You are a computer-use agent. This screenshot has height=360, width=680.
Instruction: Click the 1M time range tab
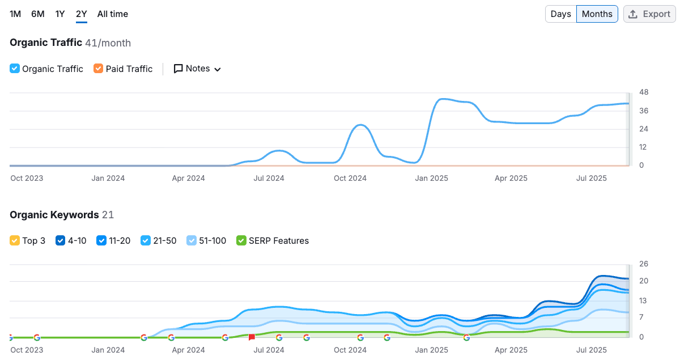[15, 14]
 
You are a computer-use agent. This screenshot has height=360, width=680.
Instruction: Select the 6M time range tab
[38, 14]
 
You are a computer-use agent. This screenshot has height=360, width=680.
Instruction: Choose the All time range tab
[113, 14]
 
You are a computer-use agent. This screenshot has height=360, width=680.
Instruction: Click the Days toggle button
[560, 14]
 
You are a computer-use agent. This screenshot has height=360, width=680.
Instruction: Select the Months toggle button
[597, 14]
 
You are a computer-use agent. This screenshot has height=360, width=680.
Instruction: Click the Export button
[649, 14]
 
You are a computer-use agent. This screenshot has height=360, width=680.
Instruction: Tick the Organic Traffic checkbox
[15, 69]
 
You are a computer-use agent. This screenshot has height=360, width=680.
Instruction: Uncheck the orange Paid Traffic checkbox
[99, 69]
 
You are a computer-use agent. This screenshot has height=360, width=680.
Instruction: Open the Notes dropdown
[197, 69]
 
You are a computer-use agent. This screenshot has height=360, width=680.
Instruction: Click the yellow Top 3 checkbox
[15, 240]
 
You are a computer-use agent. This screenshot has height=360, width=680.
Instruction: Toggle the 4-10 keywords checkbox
[61, 240]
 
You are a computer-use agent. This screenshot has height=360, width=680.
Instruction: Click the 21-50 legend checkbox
[146, 240]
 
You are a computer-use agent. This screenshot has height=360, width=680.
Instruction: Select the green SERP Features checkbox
[241, 240]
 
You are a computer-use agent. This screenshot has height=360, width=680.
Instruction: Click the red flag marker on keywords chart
[252, 337]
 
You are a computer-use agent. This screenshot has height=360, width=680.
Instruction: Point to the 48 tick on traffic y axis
[644, 92]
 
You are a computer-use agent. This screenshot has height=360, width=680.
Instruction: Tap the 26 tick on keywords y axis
[644, 264]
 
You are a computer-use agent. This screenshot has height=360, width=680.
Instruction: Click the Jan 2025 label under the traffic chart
[431, 178]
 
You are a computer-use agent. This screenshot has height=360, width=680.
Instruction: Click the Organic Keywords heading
[54, 215]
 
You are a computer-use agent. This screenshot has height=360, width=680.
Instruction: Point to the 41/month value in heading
[108, 43]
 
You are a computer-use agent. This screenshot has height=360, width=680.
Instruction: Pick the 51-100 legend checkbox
[192, 240]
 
